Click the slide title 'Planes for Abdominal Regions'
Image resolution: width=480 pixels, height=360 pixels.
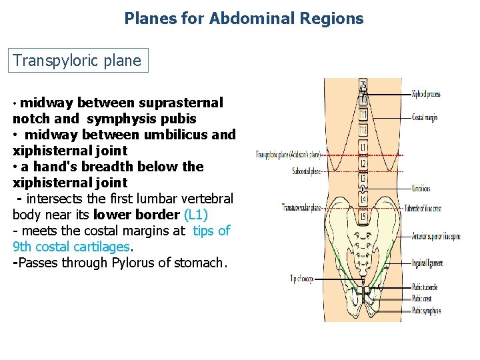tap(243, 18)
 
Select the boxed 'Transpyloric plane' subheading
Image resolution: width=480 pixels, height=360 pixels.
tap(77, 61)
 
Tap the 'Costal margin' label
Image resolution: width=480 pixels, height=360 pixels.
tap(425, 118)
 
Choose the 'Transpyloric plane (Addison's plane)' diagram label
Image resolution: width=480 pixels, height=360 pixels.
tap(288, 155)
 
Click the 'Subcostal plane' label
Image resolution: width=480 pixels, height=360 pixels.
tap(306, 171)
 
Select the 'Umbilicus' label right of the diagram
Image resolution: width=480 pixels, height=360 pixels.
tap(421, 189)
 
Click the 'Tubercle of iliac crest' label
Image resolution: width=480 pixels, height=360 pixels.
tap(427, 209)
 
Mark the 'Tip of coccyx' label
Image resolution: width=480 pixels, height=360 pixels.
tap(302, 278)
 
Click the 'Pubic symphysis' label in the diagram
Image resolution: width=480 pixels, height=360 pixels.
tap(427, 311)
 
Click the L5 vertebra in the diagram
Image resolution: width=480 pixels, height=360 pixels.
tap(363, 216)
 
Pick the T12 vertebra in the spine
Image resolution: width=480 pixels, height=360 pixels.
tap(363, 130)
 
